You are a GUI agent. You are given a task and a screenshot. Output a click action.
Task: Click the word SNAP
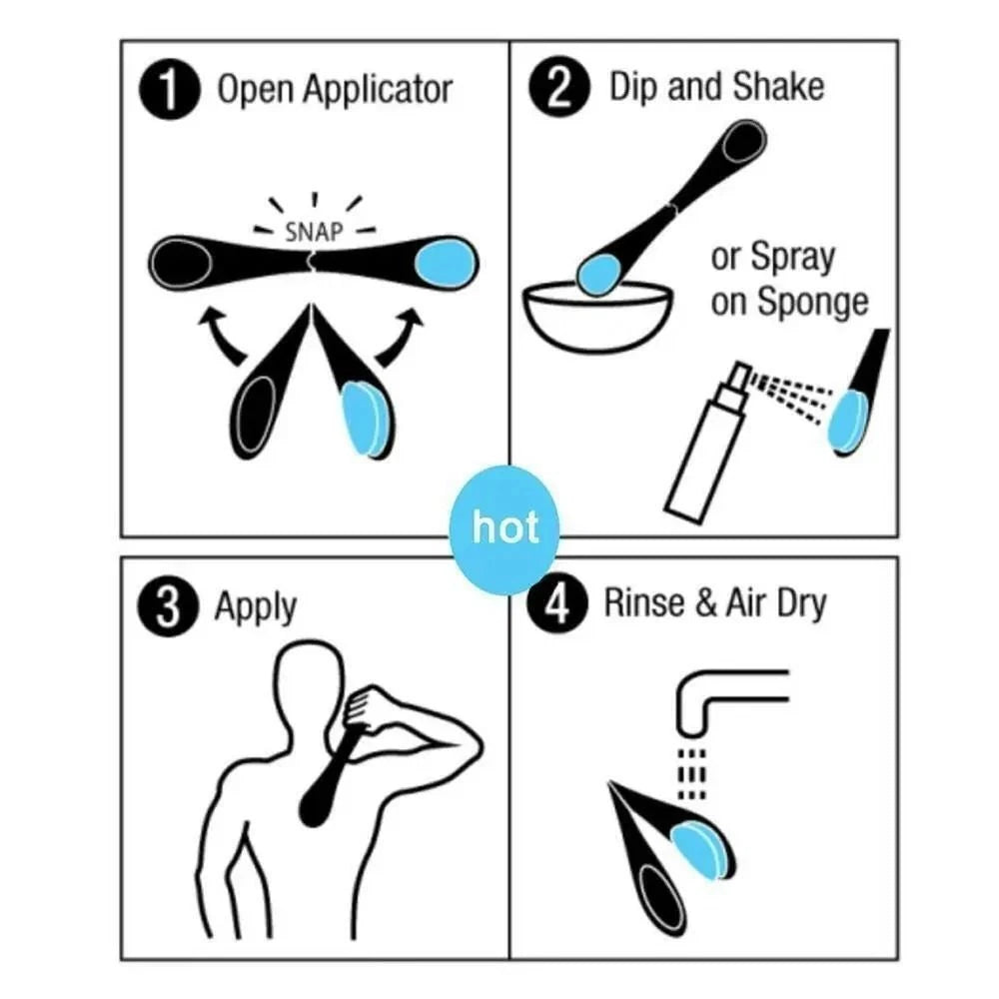(314, 233)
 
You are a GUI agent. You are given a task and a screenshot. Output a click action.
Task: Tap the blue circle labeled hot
(504, 527)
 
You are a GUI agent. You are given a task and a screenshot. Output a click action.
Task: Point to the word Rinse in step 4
(644, 605)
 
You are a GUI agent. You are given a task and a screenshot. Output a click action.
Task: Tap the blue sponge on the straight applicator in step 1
(444, 264)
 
